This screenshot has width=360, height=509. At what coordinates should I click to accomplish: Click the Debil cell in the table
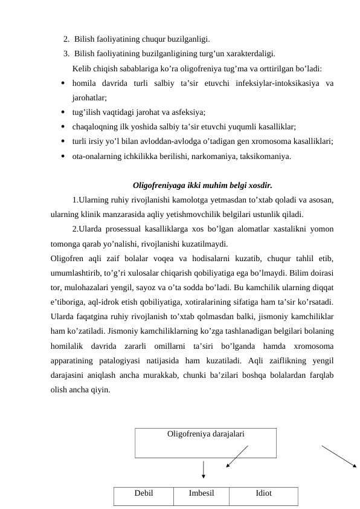143,493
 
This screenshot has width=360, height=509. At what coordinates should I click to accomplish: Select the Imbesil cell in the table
201,493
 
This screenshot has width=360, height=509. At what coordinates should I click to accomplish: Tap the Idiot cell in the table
263,493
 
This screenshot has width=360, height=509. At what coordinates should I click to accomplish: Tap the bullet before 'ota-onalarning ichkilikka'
63,157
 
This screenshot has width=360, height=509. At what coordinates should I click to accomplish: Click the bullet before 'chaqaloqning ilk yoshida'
63,127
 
